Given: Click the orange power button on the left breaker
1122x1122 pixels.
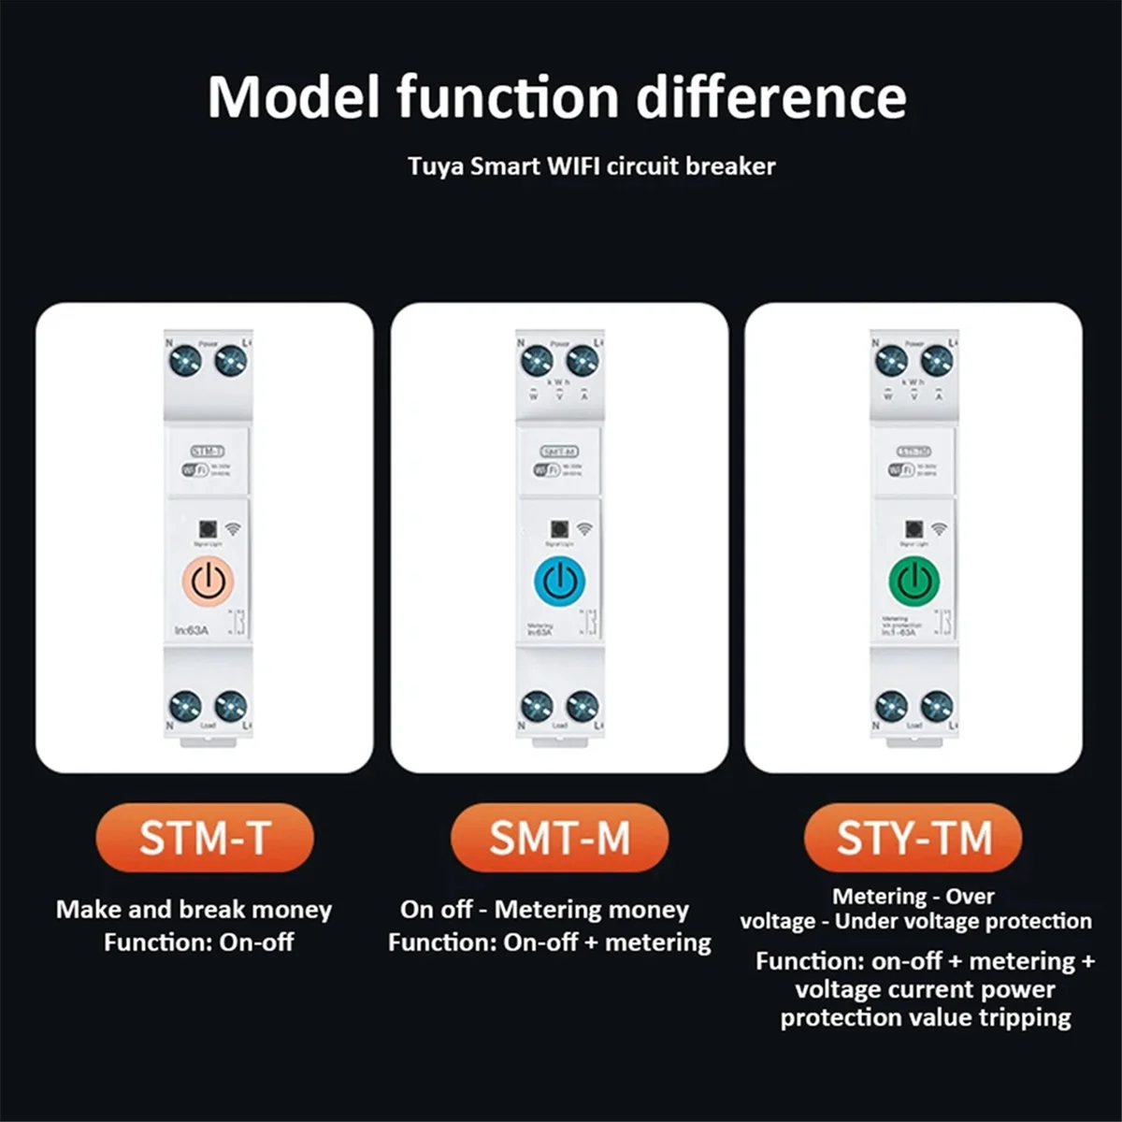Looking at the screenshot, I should tap(208, 582).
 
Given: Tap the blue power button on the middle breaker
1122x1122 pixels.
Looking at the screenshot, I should tap(559, 582).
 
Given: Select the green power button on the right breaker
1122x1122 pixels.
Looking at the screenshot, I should tap(913, 582).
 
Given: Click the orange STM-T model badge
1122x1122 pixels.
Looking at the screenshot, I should tap(205, 838).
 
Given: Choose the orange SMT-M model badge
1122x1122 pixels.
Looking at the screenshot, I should tap(559, 838).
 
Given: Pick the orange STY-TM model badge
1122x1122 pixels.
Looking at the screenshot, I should tap(913, 838).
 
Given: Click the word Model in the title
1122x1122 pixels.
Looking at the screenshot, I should tap(294, 96).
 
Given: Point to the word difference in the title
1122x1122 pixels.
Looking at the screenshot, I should tap(771, 96).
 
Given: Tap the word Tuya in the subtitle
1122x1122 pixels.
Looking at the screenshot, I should tap(435, 167).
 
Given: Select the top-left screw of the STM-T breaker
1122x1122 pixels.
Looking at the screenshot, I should tap(185, 360).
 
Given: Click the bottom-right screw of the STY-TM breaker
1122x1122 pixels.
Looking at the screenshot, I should tap(937, 706).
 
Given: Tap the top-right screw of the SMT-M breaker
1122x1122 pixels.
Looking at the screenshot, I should tap(583, 360).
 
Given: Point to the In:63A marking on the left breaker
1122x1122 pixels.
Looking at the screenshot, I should tap(192, 630).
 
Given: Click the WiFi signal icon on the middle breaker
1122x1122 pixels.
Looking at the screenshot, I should tap(585, 529).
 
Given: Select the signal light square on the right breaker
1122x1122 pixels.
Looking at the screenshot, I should tap(913, 529).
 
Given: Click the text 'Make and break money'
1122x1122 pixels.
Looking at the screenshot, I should tap(194, 910).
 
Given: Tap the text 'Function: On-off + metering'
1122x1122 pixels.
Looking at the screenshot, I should tap(550, 942).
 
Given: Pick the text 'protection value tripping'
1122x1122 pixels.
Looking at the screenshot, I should tap(926, 1017).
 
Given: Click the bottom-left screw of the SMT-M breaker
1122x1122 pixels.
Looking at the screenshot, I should tap(536, 706).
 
